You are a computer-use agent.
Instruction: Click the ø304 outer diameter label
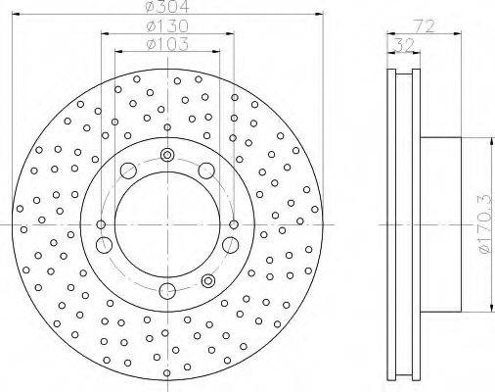[167, 6]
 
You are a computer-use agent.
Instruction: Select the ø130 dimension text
[167, 25]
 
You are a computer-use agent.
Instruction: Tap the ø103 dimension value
[167, 44]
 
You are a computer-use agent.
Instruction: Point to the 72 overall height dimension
[425, 25]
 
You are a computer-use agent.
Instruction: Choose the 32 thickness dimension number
[403, 45]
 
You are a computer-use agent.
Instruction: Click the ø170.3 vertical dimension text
[485, 224]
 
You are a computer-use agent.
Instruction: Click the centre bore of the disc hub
[167, 224]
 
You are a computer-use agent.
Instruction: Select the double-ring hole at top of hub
[167, 155]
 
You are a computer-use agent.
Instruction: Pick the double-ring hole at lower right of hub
[207, 280]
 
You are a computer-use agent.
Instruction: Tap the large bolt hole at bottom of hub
[167, 291]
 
